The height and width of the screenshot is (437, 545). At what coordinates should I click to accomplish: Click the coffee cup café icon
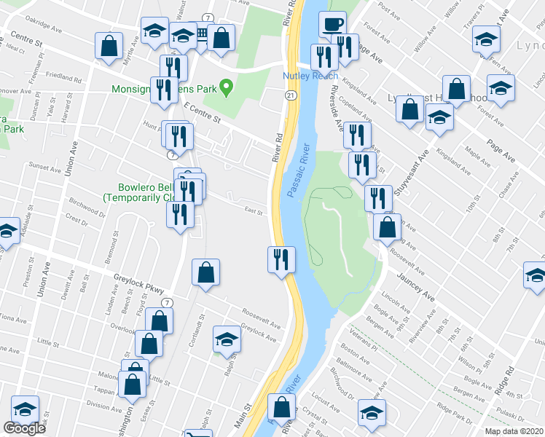pos(332,23)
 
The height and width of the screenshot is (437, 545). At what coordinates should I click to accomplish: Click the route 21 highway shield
pos(290,95)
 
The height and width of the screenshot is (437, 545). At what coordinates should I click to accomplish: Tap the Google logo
pos(24,428)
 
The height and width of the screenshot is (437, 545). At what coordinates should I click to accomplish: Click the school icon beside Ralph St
pos(227,339)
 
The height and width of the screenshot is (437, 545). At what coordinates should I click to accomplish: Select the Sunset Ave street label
pos(44,168)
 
